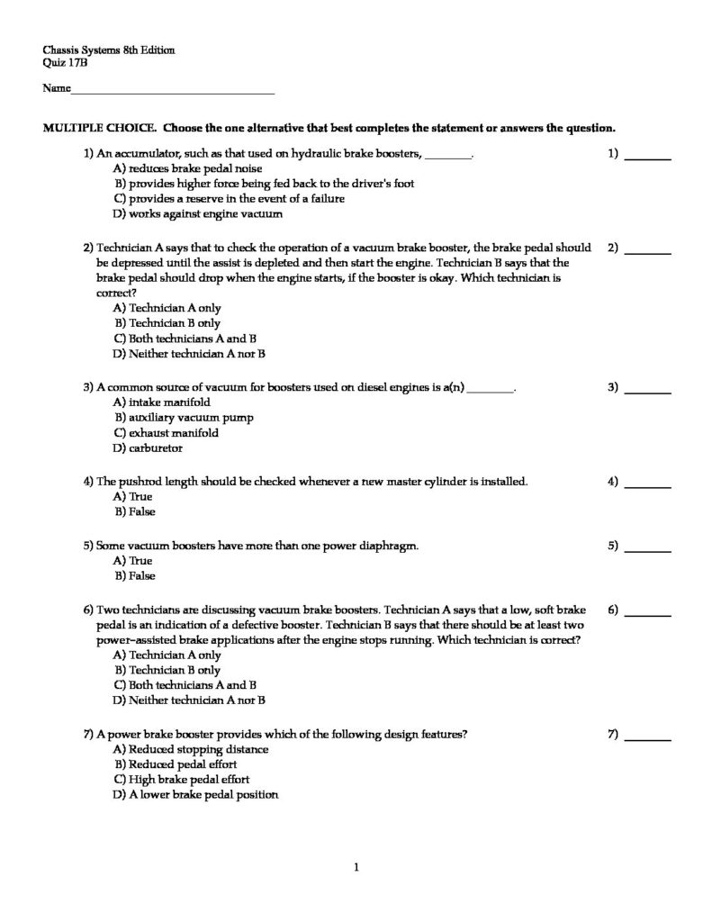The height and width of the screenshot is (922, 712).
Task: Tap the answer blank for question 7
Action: (x=647, y=737)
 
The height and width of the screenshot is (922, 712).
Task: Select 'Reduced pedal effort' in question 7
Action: (x=177, y=764)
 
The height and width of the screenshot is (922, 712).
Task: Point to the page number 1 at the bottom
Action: (x=357, y=868)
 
